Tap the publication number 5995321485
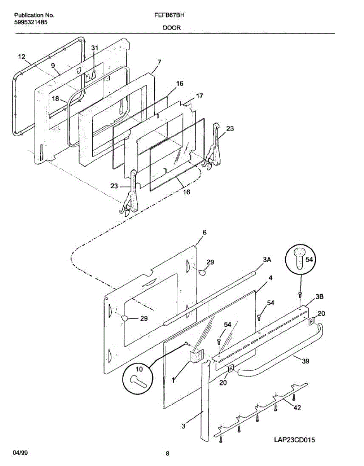tap(31, 22)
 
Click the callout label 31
tap(95, 48)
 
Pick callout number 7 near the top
tap(159, 62)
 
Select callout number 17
tap(199, 96)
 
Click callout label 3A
tap(267, 261)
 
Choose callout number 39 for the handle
tap(306, 361)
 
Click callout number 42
tap(297, 408)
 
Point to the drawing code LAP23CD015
tap(294, 440)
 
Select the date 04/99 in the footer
tap(21, 453)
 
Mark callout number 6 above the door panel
tap(204, 232)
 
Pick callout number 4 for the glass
tap(270, 278)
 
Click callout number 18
tap(56, 99)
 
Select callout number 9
tap(53, 66)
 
